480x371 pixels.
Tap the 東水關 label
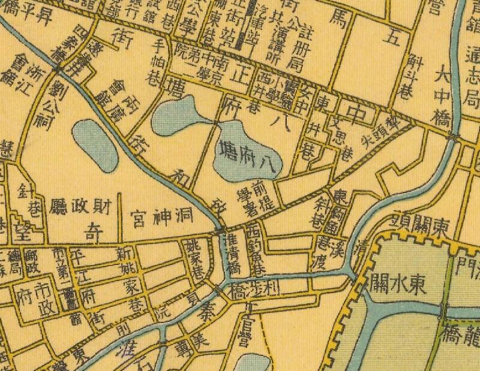click(x=398, y=282)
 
